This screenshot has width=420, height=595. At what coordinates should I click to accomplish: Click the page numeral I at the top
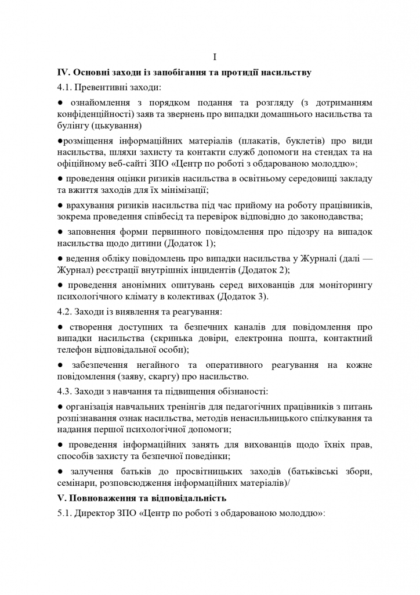coord(215,57)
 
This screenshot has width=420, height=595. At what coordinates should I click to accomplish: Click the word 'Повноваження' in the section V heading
coord(106,499)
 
